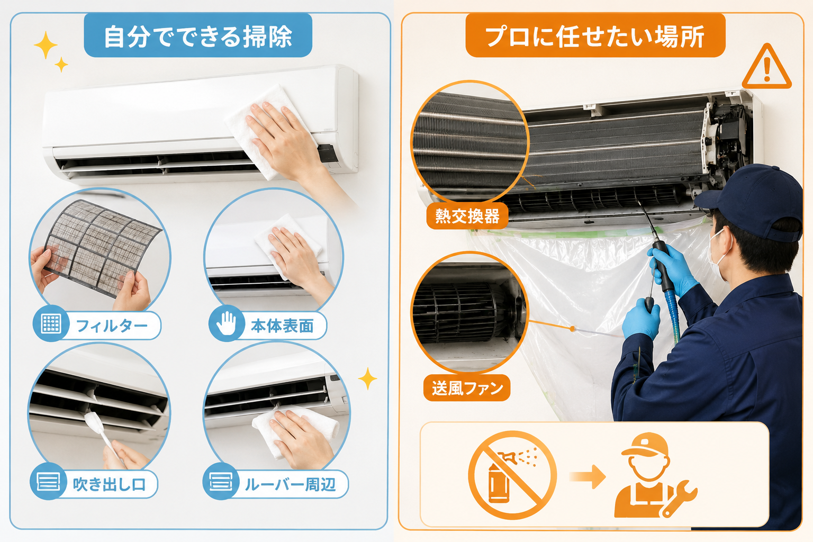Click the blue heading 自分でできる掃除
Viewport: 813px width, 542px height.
[x=198, y=35]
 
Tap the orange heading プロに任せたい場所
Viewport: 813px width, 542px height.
[x=595, y=35]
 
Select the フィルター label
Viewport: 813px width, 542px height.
[x=112, y=326]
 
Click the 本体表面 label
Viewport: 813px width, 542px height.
[x=282, y=326]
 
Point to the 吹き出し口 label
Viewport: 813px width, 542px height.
[x=109, y=484]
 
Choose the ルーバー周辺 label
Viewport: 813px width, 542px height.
[x=291, y=484]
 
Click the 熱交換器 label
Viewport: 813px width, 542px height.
[x=467, y=216]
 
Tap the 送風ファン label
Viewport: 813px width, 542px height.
[x=467, y=388]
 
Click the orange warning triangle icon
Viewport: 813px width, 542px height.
[x=766, y=68]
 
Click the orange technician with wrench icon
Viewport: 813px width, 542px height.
[x=653, y=475]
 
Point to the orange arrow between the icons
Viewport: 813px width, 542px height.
[x=589, y=476]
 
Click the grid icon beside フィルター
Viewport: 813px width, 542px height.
[x=51, y=323]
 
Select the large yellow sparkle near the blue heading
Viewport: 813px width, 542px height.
[x=46, y=44]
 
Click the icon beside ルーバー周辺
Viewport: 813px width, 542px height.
[x=221, y=481]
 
